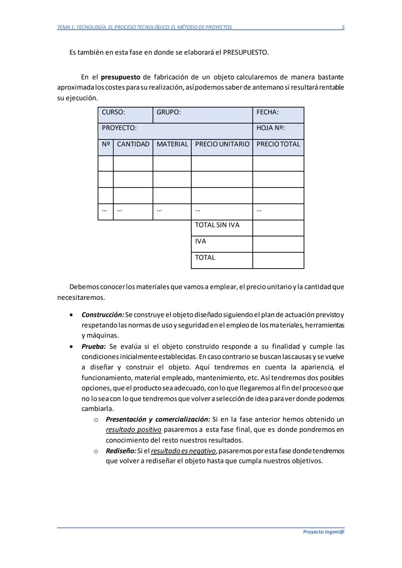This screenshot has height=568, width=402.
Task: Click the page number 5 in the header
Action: [343, 27]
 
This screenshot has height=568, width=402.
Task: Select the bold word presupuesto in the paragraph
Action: [120, 77]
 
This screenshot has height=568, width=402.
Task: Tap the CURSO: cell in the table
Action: [125, 115]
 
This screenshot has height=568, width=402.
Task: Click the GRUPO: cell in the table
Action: [202, 115]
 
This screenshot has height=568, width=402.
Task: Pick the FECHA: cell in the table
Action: [278, 115]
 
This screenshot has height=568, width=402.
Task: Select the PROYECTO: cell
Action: [175, 131]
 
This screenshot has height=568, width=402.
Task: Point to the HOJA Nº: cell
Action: [278, 131]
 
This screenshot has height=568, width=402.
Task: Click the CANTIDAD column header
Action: [133, 144]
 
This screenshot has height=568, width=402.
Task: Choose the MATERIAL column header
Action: [172, 144]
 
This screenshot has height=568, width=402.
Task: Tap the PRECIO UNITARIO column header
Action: [222, 144]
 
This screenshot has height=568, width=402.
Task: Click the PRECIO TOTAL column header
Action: [278, 144]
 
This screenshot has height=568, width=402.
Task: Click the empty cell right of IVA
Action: [278, 244]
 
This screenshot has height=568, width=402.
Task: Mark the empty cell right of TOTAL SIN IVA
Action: [278, 228]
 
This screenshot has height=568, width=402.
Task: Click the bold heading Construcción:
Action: [103, 315]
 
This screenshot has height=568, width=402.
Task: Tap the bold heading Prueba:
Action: [93, 347]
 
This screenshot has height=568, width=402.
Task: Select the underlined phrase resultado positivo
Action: [134, 430]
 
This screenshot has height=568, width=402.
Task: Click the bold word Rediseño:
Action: [121, 451]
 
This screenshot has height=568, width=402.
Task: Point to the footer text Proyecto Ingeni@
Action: [323, 532]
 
